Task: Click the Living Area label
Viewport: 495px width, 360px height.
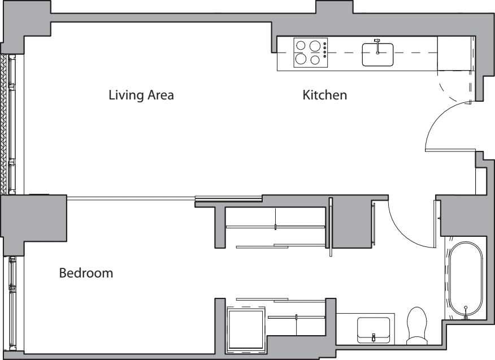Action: (x=141, y=95)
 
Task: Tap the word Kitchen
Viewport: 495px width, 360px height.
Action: (x=324, y=95)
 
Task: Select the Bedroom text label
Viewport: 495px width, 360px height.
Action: (x=86, y=273)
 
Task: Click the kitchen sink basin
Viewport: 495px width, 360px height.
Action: (x=377, y=55)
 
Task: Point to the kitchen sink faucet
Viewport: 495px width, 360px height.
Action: (x=377, y=46)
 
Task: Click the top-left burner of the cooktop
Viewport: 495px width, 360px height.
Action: (x=301, y=45)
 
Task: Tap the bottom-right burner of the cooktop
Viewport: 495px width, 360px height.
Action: (x=315, y=60)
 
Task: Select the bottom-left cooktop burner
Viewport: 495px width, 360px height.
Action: (x=301, y=59)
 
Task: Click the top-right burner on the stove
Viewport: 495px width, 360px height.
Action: (x=315, y=46)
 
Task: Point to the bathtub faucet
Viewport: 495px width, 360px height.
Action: (x=466, y=313)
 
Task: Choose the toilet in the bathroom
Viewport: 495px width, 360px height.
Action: (x=417, y=326)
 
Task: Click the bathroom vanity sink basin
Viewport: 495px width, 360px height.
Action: (x=374, y=329)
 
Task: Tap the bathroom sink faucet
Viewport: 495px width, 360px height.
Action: (x=374, y=337)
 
